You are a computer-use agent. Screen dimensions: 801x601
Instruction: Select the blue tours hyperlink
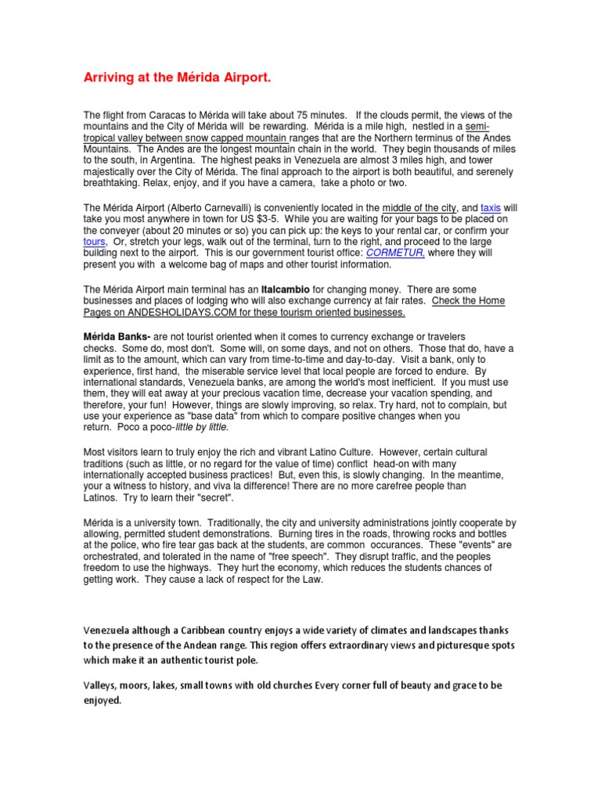point(95,242)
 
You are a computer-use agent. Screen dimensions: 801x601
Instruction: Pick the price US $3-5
point(244,220)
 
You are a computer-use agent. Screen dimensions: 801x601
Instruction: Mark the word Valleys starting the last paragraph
point(102,686)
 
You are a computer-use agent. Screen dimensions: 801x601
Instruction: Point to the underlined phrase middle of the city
point(419,208)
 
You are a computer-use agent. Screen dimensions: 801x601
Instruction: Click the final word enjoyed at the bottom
point(103,701)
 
